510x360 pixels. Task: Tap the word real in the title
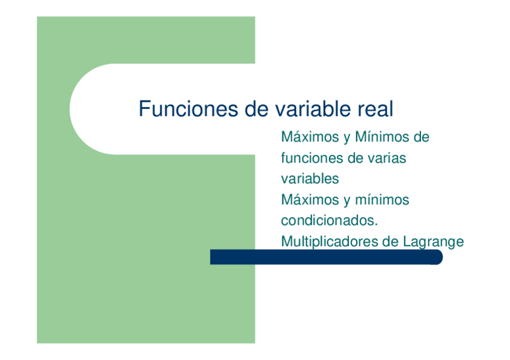tap(375, 110)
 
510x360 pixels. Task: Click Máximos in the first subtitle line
tap(310, 138)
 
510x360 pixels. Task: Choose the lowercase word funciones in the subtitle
tap(310, 159)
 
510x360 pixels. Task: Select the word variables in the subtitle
tap(310, 179)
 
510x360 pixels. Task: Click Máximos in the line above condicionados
tap(310, 200)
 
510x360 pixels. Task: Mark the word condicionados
tap(329, 221)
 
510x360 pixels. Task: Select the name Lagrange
tap(434, 242)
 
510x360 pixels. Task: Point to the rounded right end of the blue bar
tap(437, 258)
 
